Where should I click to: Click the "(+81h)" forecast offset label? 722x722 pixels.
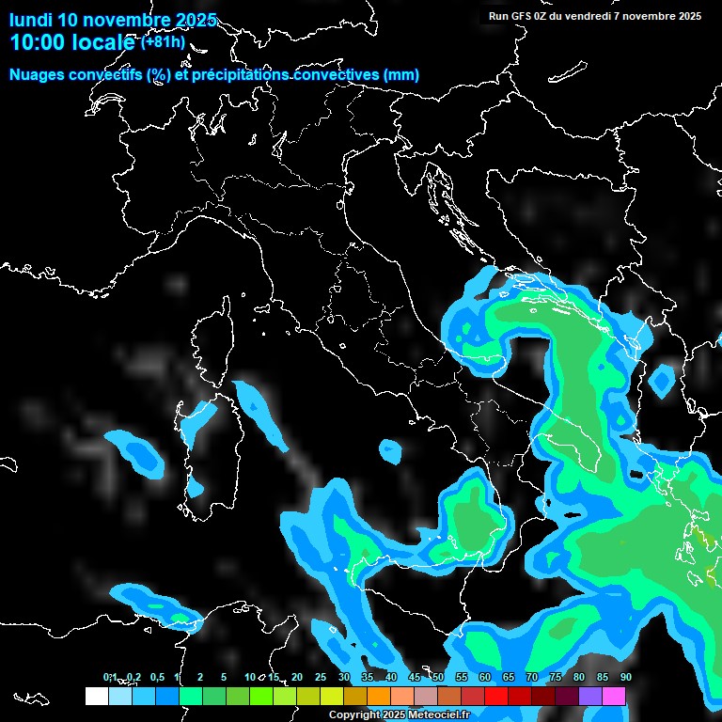coord(163,41)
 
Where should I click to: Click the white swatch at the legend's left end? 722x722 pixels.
coord(96,696)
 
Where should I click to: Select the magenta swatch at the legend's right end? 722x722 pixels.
coord(614,696)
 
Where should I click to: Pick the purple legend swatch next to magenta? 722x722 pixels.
coord(590,696)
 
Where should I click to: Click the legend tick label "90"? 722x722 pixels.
coord(625,677)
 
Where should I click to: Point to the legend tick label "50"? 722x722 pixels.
coord(437,677)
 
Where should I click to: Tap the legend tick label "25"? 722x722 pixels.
coord(320,677)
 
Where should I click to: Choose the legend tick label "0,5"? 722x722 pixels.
coord(156,677)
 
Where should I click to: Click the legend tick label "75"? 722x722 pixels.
coord(555,677)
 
